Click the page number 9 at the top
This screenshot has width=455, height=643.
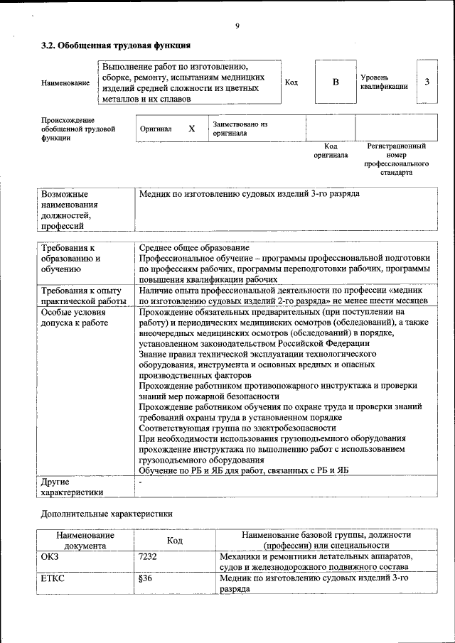pyautogui.click(x=237, y=26)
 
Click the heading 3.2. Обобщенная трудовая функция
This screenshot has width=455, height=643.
pyautogui.click(x=115, y=46)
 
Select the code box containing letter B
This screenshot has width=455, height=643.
pyautogui.click(x=336, y=82)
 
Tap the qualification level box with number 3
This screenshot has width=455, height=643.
pyautogui.click(x=427, y=82)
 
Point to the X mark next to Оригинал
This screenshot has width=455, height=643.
pyautogui.click(x=191, y=129)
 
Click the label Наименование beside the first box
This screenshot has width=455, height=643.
pyautogui.click(x=65, y=83)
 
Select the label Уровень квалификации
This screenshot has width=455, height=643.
pyautogui.click(x=384, y=82)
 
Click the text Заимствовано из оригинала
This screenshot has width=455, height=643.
pyautogui.click(x=239, y=129)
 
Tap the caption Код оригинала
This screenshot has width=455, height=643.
pyautogui.click(x=331, y=151)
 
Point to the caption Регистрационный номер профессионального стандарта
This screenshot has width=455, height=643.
pyautogui.click(x=396, y=159)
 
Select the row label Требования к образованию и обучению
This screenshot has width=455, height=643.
pyautogui.click(x=71, y=259)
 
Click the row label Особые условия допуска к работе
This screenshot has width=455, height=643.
pyautogui.click(x=75, y=317)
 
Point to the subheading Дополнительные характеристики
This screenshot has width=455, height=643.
pyautogui.click(x=106, y=513)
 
